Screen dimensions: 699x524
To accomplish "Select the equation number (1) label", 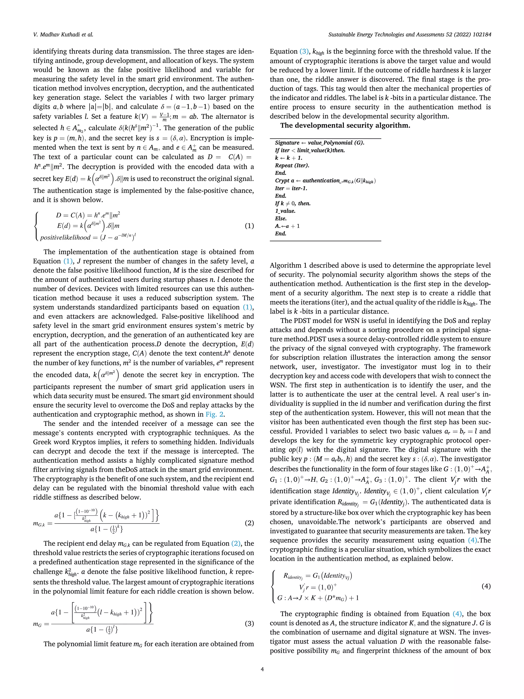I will (x=249, y=226).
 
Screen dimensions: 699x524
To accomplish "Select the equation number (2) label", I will (x=249, y=523).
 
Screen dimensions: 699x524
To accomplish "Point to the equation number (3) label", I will (x=249, y=623).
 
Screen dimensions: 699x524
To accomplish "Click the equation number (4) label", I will (x=486, y=586).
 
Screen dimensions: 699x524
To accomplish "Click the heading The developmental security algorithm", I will (x=345, y=125).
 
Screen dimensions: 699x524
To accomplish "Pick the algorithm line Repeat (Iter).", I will (x=292, y=166).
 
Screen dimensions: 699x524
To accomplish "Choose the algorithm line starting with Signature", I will (x=319, y=143).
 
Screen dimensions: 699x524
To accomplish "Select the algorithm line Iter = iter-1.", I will (x=291, y=188).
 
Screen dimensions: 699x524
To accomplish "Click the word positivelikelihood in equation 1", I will (x=65, y=238).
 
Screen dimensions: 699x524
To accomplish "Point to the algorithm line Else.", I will (x=281, y=219).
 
